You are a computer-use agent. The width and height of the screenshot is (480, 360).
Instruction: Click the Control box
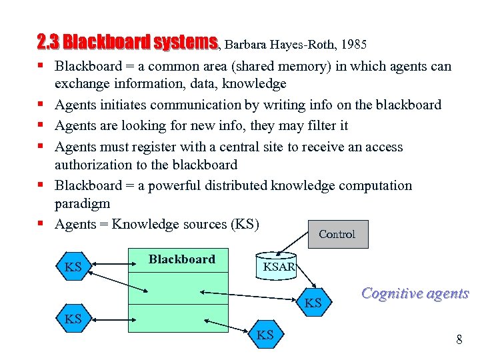coord(337,234)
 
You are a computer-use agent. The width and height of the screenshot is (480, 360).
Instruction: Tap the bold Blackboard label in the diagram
coord(181,259)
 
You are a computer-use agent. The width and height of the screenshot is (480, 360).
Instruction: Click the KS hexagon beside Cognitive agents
coord(313,303)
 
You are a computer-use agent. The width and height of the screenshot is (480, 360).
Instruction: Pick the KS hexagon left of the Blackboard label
coord(73,268)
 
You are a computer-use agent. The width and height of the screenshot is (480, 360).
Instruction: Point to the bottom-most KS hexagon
coord(265,335)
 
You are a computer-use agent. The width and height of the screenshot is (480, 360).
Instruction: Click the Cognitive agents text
coord(415,293)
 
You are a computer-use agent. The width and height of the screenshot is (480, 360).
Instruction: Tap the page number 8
coord(459,340)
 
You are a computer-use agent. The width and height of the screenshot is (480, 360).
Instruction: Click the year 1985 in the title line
coord(353,45)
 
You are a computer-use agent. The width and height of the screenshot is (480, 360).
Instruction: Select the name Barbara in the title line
coord(247,45)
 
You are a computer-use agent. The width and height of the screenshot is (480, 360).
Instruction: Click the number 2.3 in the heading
coord(49,43)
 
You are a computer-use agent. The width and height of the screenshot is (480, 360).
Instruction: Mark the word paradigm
coord(82,203)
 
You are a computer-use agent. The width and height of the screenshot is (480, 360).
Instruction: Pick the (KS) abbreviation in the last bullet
coord(244,224)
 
